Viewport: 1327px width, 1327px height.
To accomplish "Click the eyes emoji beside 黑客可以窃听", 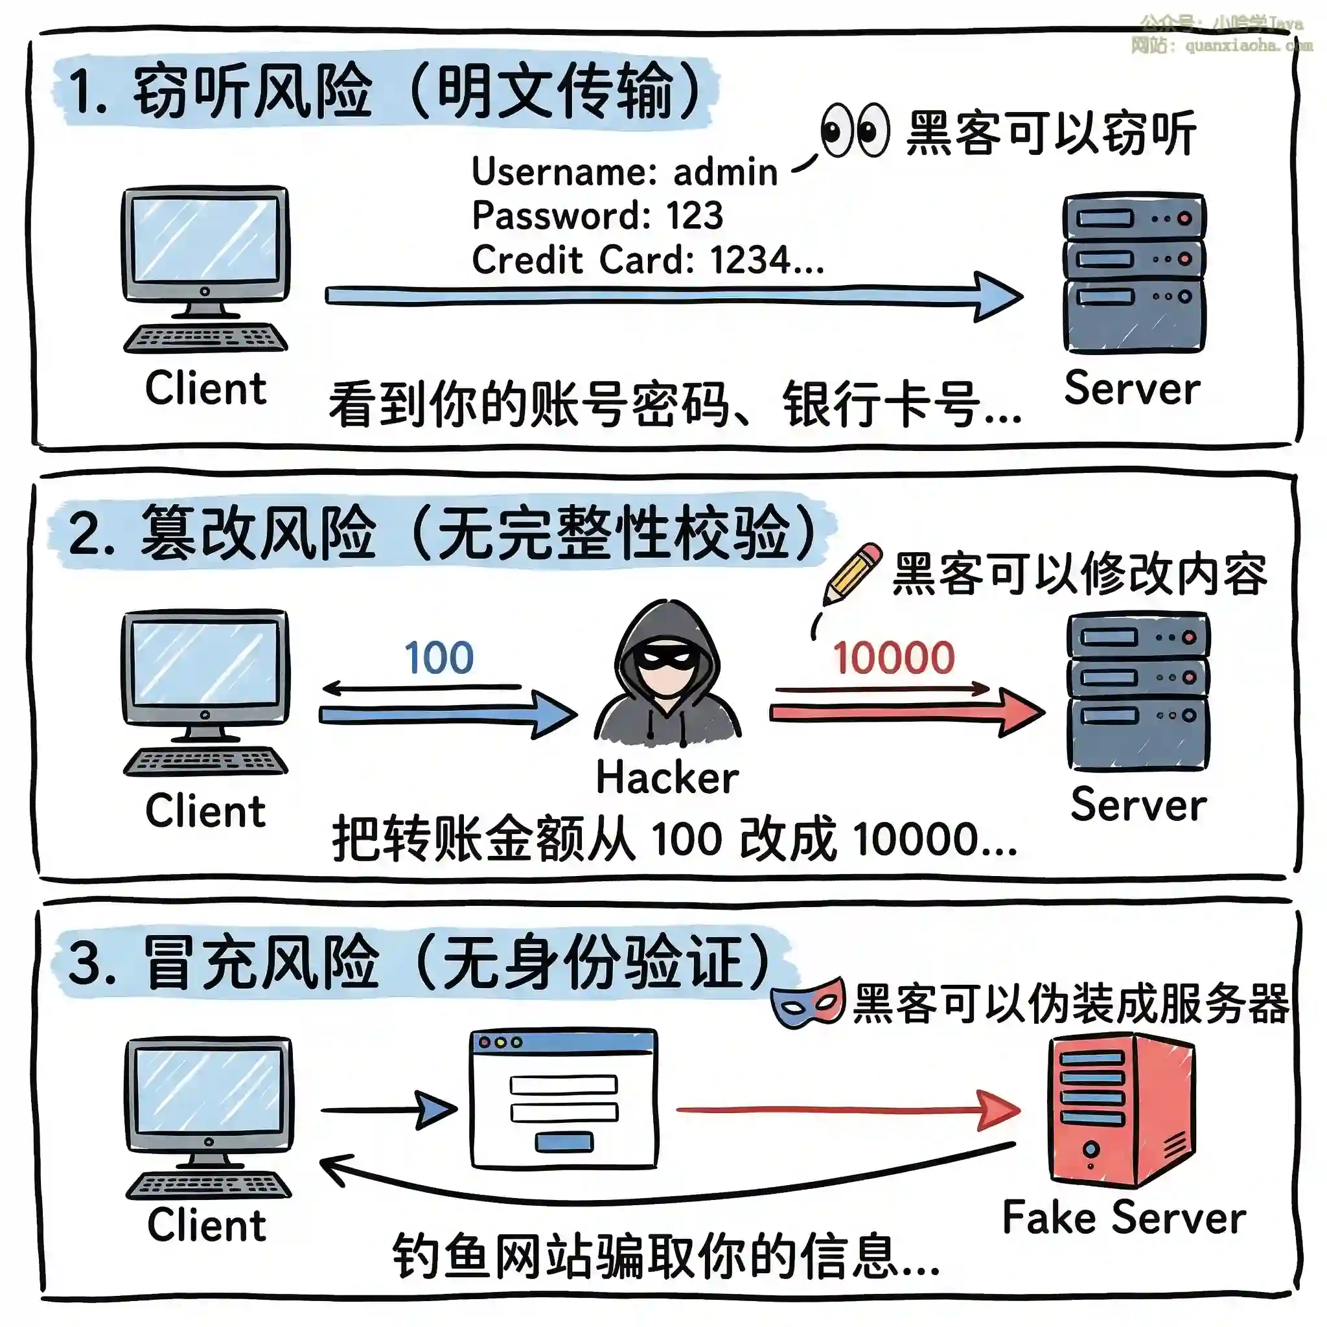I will tap(855, 130).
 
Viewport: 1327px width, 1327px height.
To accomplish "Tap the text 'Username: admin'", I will tap(625, 172).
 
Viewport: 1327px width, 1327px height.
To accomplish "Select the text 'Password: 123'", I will tap(597, 216).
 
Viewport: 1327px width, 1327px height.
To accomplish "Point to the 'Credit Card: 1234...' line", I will tap(648, 260).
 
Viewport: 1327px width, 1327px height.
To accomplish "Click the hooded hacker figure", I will tap(667, 676).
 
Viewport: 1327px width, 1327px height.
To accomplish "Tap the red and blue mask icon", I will tap(808, 1003).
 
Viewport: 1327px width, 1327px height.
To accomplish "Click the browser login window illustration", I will tap(564, 1098).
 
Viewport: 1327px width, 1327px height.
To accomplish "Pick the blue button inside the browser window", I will tap(564, 1142).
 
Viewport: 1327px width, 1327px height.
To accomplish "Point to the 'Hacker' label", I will tap(667, 778).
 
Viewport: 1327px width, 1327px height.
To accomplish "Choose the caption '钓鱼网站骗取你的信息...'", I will tap(665, 1257).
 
